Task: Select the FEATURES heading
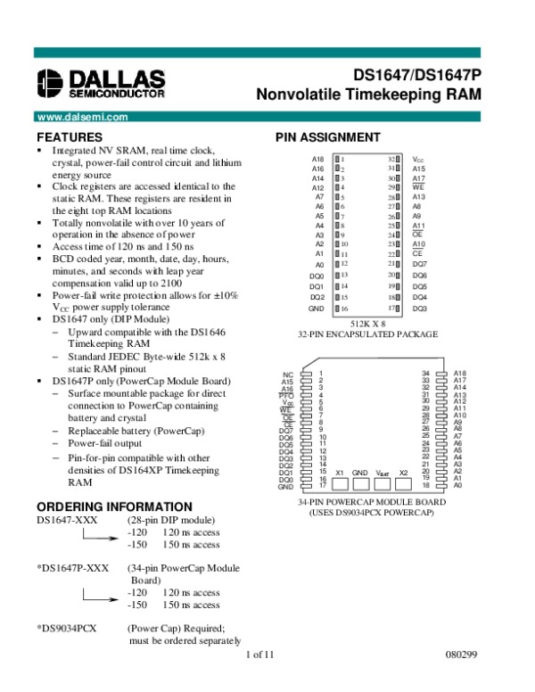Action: tap(70, 137)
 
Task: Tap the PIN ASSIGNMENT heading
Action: tap(327, 137)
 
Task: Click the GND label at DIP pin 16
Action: tap(317, 308)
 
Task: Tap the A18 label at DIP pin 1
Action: tap(317, 158)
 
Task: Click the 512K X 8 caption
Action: tap(367, 323)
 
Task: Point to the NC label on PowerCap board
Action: tap(287, 375)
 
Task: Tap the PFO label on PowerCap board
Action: tap(286, 395)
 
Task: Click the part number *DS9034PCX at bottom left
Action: tap(67, 627)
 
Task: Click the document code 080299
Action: tap(464, 657)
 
